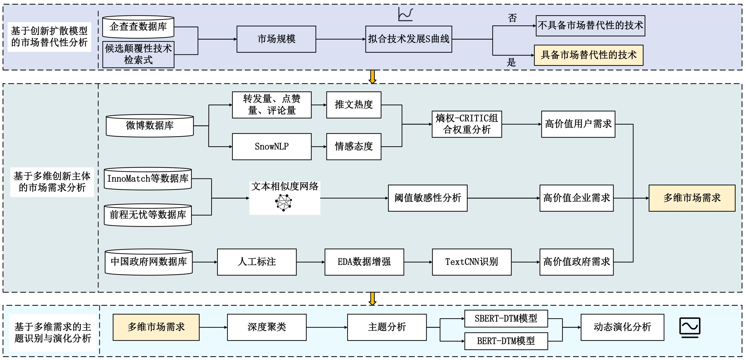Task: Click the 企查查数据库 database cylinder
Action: pos(138,27)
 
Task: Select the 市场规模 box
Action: pos(276,39)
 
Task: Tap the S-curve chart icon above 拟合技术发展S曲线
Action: pos(406,14)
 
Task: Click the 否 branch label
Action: pos(512,18)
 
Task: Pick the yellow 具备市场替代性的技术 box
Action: pos(588,55)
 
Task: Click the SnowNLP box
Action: pos(272,147)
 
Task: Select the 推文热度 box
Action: pos(354,105)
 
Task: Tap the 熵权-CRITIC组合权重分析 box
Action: pos(467,124)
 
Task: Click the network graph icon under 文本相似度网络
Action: pos(284,202)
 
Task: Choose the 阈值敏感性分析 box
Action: pos(427,198)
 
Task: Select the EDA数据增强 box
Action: pos(364,262)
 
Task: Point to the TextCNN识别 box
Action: pos(471,262)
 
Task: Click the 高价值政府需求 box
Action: pos(576,262)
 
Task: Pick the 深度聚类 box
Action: pos(266,327)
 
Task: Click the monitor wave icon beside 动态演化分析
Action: pos(690,327)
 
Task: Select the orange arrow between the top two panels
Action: pos(373,77)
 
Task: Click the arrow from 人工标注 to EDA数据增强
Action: pos(310,262)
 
